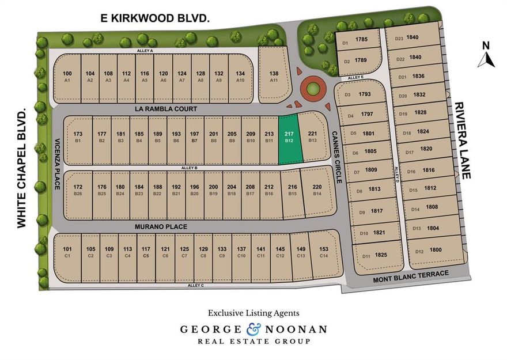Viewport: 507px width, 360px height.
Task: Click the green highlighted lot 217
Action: [x=290, y=139]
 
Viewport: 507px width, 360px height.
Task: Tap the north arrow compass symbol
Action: [x=486, y=55]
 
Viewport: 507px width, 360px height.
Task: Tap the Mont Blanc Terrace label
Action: [x=410, y=274]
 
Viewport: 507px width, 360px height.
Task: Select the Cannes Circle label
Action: [x=336, y=157]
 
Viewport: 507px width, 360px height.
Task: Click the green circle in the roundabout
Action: [x=312, y=89]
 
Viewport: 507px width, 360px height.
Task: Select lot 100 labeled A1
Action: [x=67, y=76]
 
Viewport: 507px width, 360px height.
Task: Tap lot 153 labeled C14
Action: [x=323, y=252]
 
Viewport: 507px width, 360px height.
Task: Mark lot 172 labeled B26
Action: [x=78, y=190]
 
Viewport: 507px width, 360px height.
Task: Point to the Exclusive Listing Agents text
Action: [x=253, y=313]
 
